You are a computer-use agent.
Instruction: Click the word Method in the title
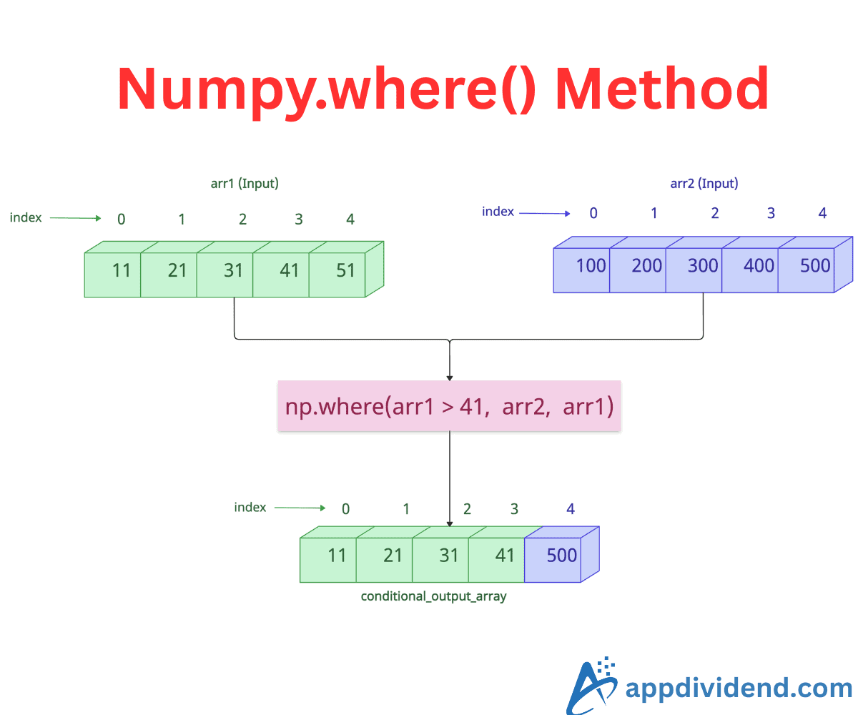point(661,89)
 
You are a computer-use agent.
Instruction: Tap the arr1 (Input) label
point(245,184)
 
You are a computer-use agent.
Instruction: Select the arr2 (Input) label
point(704,184)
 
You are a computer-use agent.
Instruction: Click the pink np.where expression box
point(449,406)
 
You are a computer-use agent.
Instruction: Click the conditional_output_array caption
point(433,596)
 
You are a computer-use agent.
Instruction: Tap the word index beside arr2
point(498,212)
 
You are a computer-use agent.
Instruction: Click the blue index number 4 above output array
point(570,509)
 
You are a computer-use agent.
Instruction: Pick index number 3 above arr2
point(771,213)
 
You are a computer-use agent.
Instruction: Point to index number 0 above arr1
point(121,220)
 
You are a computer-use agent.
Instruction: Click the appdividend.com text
point(738,688)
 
